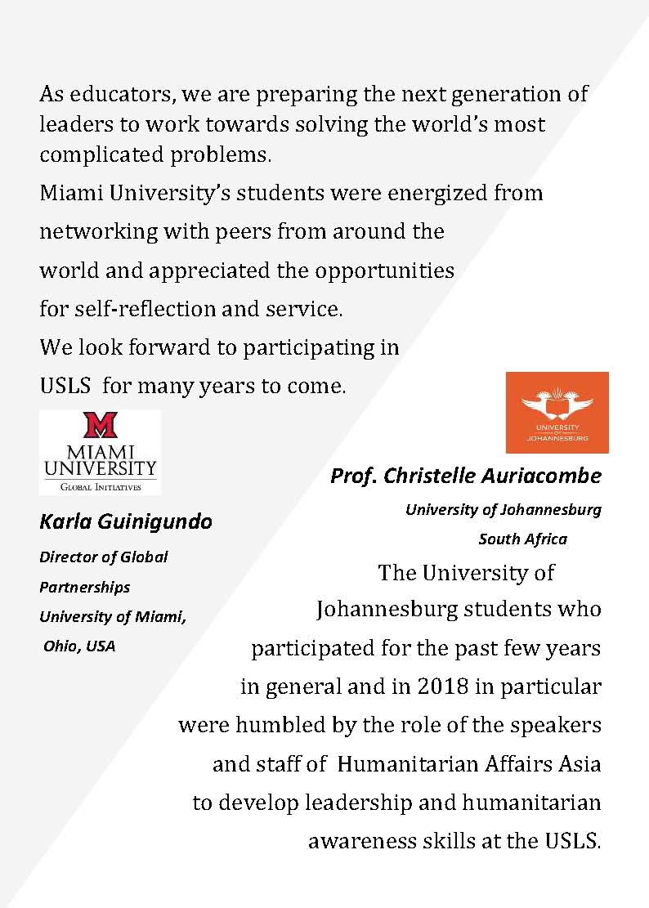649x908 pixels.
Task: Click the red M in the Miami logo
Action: pyautogui.click(x=100, y=426)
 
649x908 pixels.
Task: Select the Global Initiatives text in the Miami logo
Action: pyautogui.click(x=100, y=486)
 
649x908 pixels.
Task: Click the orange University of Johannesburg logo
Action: pyautogui.click(x=557, y=412)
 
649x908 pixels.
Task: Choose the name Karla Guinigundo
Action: pyautogui.click(x=125, y=521)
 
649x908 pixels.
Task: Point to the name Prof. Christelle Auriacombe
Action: pyautogui.click(x=465, y=476)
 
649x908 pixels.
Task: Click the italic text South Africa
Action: pyautogui.click(x=522, y=539)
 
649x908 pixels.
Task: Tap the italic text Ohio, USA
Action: pyautogui.click(x=79, y=646)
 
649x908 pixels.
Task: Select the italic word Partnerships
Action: pyautogui.click(x=84, y=587)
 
